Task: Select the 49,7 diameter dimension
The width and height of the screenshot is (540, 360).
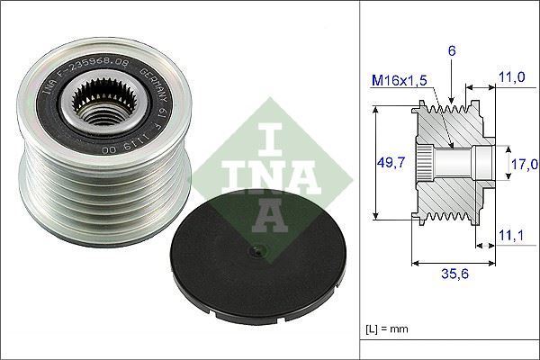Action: [x=390, y=162]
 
